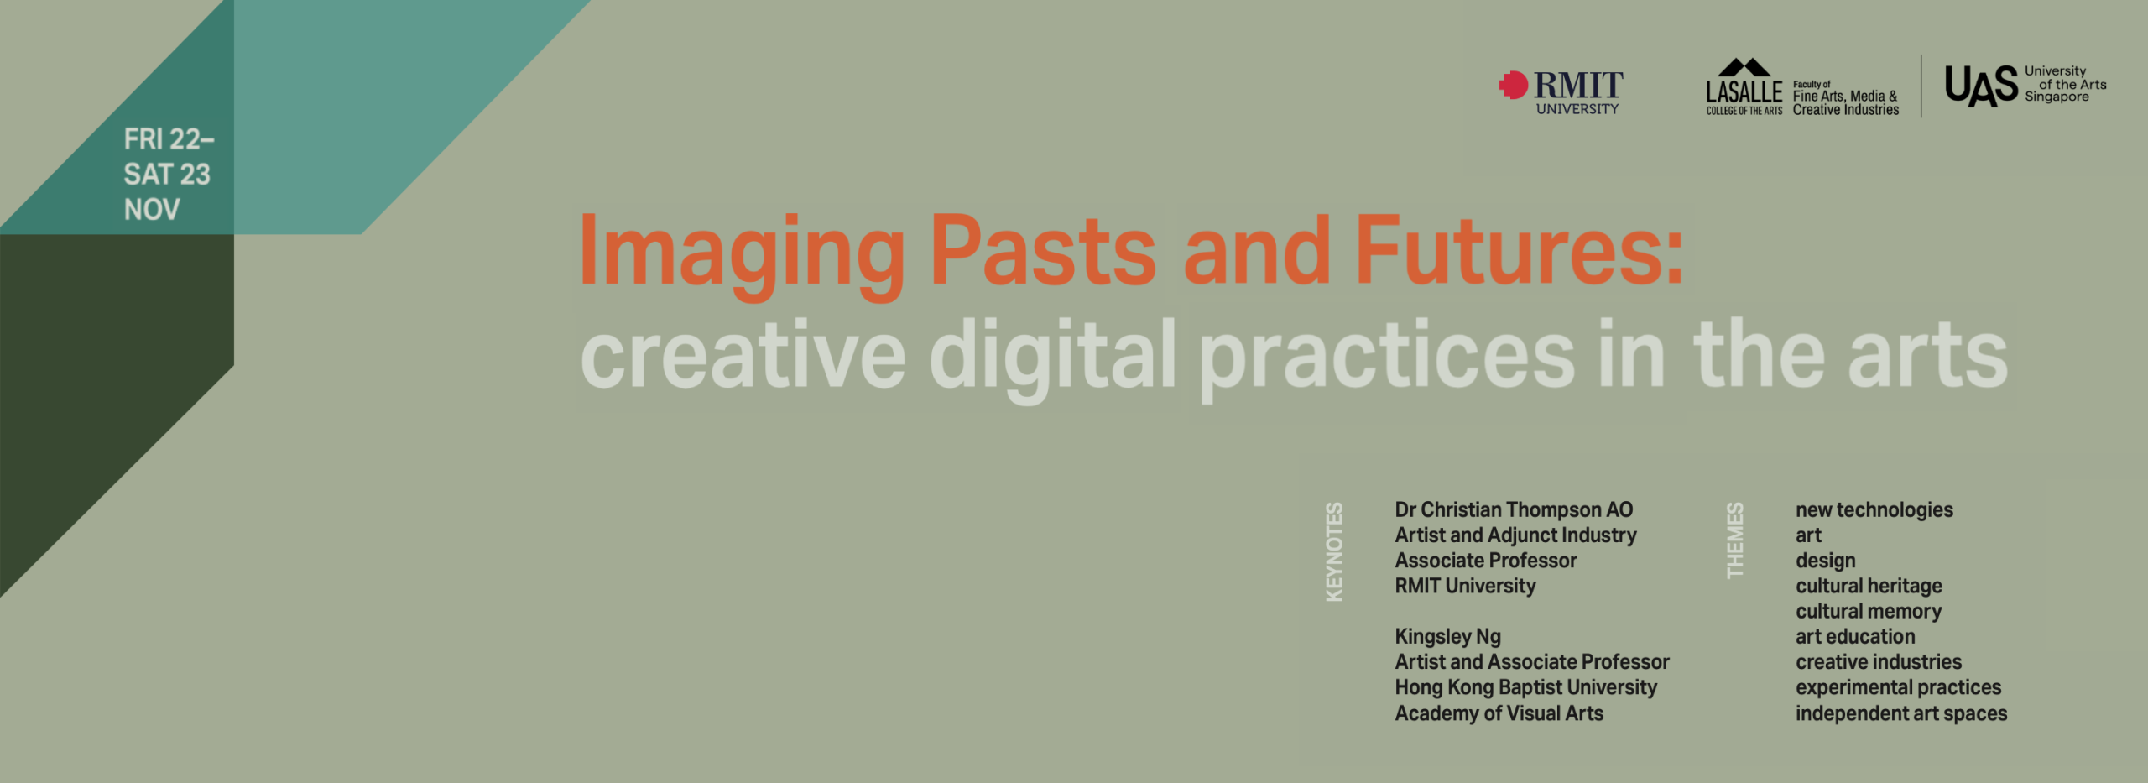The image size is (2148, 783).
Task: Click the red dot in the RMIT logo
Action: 1514,85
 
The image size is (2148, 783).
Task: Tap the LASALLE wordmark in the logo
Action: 1744,91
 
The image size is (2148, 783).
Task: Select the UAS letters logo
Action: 1981,86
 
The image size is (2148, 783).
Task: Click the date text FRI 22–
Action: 169,138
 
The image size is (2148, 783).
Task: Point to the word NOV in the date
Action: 152,209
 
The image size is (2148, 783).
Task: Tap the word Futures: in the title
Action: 1520,250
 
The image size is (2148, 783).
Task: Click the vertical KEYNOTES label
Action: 1334,551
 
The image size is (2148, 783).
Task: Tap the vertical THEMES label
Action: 1734,540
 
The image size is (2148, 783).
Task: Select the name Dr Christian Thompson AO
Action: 1514,509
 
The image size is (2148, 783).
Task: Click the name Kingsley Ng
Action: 1447,637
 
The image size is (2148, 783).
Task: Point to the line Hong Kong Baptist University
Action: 1525,687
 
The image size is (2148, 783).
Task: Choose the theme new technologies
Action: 1874,510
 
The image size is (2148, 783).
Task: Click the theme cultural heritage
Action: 1869,586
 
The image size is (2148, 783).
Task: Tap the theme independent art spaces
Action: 1901,713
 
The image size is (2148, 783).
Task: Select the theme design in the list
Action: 1825,561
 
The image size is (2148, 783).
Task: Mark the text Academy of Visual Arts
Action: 1499,713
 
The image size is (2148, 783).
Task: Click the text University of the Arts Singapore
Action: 2065,84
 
